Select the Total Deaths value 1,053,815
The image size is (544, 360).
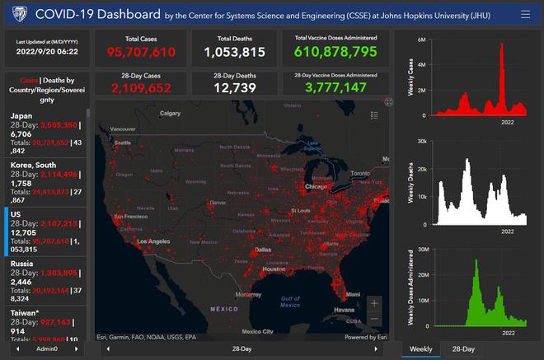[x=236, y=53]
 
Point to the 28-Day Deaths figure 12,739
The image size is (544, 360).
[x=236, y=87]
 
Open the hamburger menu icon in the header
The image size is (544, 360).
[x=525, y=14]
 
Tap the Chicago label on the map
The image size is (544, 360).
[x=329, y=187]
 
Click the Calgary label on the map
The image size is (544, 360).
[x=170, y=113]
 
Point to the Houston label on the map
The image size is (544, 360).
[x=274, y=269]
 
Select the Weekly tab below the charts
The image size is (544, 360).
[x=420, y=349]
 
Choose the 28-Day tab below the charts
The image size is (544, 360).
[x=463, y=349]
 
